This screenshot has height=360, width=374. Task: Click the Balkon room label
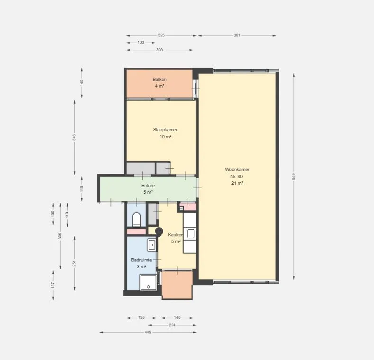[160, 80]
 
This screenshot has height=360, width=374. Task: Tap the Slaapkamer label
[165, 130]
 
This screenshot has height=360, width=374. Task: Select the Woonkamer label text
[237, 170]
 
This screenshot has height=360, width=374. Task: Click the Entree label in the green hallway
[148, 186]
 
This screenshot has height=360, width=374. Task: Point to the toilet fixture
[137, 219]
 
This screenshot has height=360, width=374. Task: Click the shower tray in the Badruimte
[148, 282]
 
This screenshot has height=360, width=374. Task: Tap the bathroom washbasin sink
[152, 245]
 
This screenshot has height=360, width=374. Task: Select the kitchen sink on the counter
[191, 234]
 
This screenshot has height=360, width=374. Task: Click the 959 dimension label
[294, 176]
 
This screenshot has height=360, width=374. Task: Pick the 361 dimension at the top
[237, 35]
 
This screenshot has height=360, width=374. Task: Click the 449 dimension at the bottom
[148, 332]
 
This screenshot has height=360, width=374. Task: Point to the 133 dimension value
[141, 43]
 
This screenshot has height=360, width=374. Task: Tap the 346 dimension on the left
[74, 137]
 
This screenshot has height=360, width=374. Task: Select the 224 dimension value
[172, 325]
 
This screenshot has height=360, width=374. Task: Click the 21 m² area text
[237, 183]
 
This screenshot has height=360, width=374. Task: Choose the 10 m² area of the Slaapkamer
[165, 137]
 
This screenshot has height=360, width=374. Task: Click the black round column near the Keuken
[159, 231]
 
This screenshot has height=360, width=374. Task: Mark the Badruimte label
[141, 260]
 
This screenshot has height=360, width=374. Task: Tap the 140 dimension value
[82, 83]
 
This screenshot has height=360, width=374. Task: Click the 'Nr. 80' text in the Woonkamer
[237, 177]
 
